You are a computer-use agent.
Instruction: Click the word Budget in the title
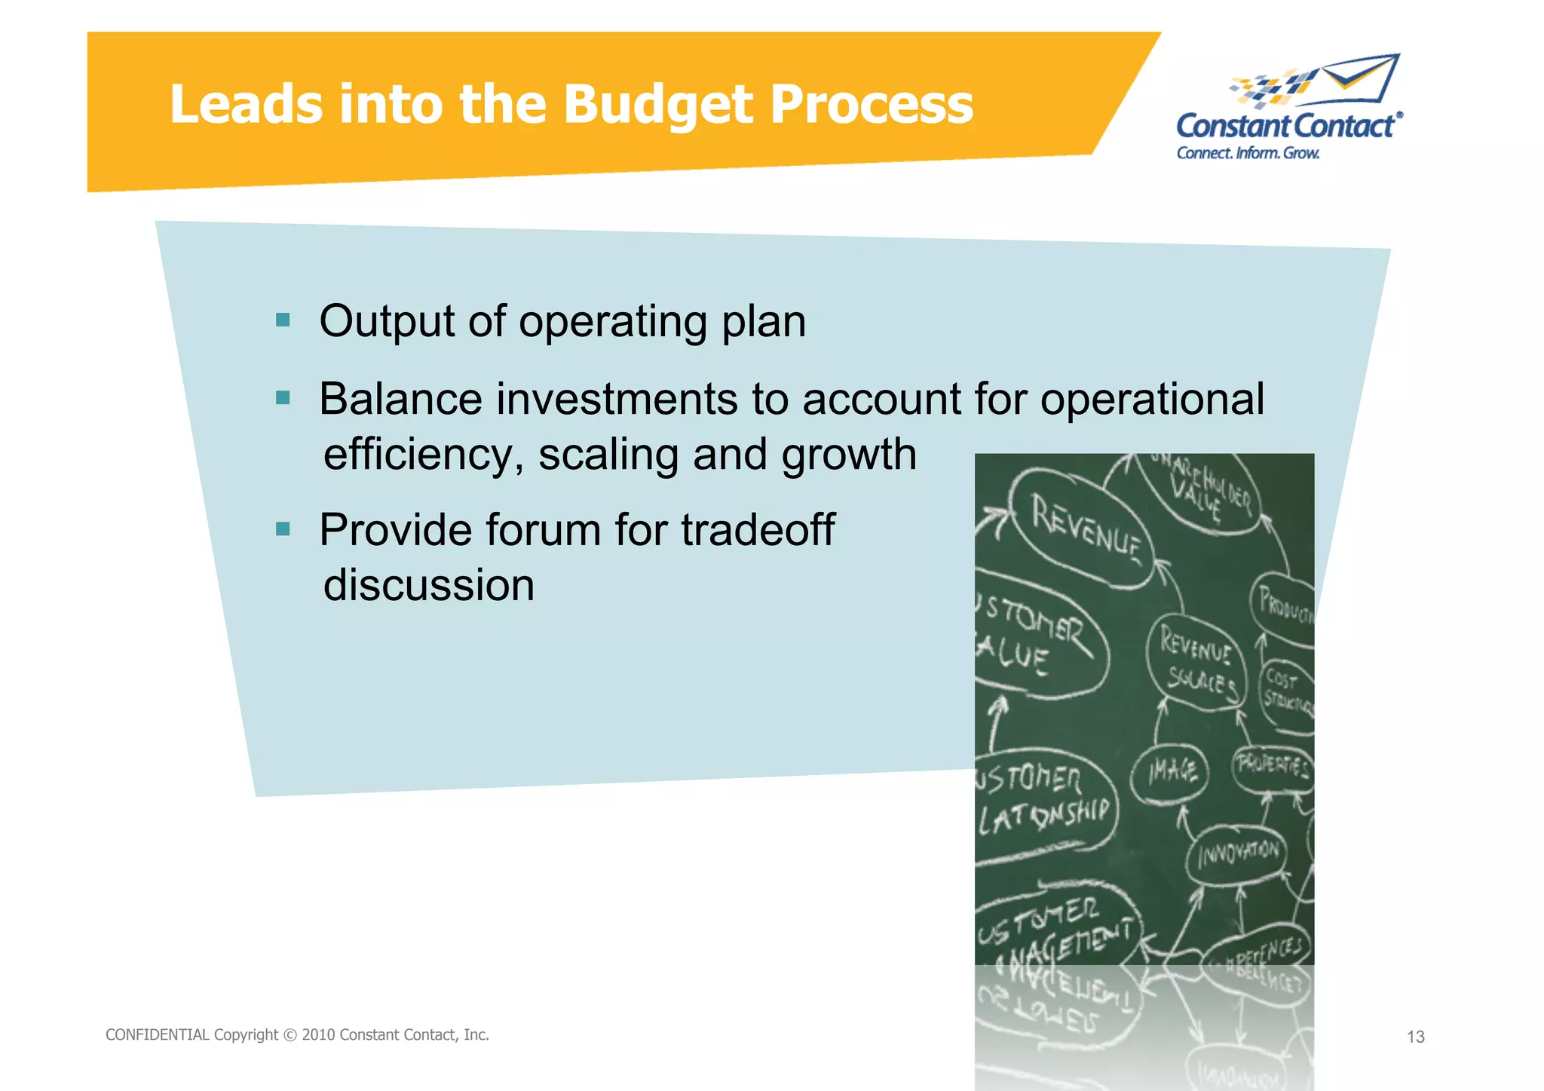pos(657,105)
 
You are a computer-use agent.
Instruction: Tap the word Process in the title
pos(871,105)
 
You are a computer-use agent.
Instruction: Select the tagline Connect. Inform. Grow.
pos(1248,153)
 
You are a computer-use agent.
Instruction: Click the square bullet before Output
pos(283,320)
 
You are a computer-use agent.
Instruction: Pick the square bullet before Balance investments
pos(283,398)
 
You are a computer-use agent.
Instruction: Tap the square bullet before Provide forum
pos(283,529)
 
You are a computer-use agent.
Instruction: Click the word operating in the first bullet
pos(612,322)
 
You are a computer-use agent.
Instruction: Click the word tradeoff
pos(757,529)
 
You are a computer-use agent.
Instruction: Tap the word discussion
pos(428,585)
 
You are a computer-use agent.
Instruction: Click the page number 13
pos(1415,1037)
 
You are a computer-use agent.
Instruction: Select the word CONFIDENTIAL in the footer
pos(157,1035)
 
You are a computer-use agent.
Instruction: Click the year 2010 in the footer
pos(318,1035)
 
